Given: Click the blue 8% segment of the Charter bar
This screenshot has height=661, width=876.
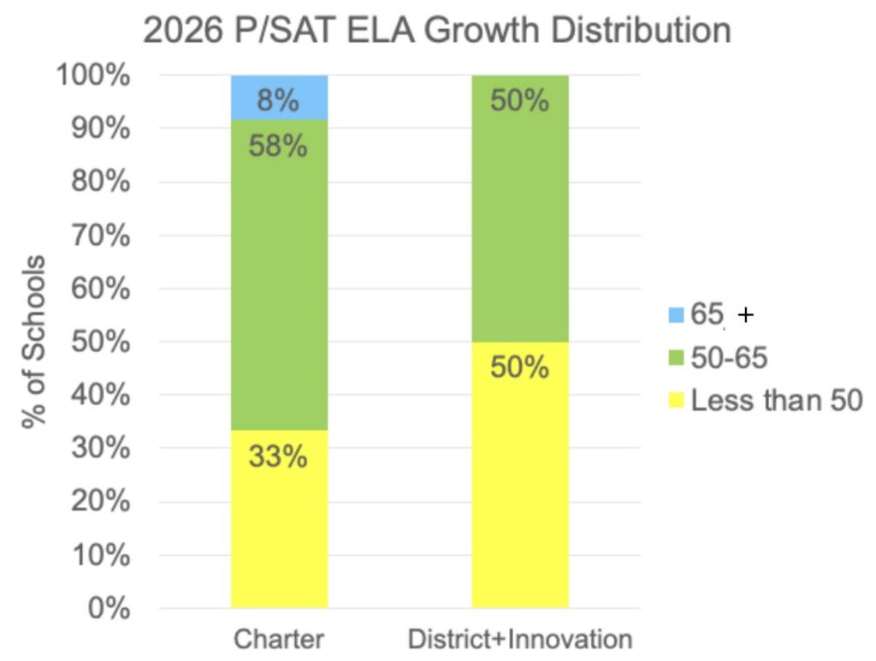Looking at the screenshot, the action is pyautogui.click(x=280, y=98).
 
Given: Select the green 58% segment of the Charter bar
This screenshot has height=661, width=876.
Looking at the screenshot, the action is pyautogui.click(x=280, y=275).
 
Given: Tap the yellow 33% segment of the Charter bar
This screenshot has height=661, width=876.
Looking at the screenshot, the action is pyautogui.click(x=280, y=519).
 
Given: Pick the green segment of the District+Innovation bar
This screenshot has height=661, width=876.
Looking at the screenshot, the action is pyautogui.click(x=520, y=209).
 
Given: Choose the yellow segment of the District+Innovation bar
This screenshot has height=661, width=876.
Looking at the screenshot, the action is pyautogui.click(x=520, y=475).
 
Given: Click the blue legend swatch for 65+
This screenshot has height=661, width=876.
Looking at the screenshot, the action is pyautogui.click(x=676, y=315).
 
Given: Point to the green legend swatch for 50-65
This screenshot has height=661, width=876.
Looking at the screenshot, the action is pyautogui.click(x=676, y=358).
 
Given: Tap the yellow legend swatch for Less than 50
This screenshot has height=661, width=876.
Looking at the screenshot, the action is pyautogui.click(x=676, y=401).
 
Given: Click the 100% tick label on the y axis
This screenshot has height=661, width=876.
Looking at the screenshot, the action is pyautogui.click(x=93, y=75).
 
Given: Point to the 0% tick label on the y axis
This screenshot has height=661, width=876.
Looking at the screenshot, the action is pyautogui.click(x=109, y=608).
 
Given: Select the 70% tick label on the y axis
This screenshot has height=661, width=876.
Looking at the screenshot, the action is pyautogui.click(x=101, y=235).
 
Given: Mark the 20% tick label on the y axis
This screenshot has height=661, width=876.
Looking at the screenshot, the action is pyautogui.click(x=101, y=501).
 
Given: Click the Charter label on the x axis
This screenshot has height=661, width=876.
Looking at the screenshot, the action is pyautogui.click(x=279, y=640).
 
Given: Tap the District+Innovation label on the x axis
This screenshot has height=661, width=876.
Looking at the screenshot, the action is pyautogui.click(x=520, y=640).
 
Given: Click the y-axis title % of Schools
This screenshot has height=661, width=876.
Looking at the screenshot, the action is pyautogui.click(x=33, y=342).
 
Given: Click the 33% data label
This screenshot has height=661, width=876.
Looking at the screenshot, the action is pyautogui.click(x=278, y=456).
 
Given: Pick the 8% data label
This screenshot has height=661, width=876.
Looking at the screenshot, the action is pyautogui.click(x=278, y=101).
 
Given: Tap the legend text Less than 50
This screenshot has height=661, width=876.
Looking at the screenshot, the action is pyautogui.click(x=777, y=401).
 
